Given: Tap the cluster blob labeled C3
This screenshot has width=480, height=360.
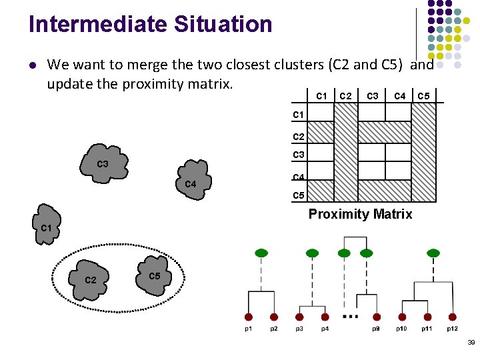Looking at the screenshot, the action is pyautogui.click(x=103, y=164).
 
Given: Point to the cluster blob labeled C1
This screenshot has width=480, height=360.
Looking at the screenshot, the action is pyautogui.click(x=47, y=227).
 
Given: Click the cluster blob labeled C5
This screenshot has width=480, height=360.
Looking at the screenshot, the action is pyautogui.click(x=153, y=273).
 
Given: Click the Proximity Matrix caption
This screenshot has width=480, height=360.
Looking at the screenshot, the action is pyautogui.click(x=360, y=214).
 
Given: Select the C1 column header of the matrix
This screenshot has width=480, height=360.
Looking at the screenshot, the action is pyautogui.click(x=321, y=96).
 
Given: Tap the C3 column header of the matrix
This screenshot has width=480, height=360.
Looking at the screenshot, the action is pyautogui.click(x=373, y=96).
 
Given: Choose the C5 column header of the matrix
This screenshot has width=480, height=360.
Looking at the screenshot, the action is pyautogui.click(x=423, y=96).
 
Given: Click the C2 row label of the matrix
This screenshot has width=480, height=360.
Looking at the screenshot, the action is pyautogui.click(x=299, y=136).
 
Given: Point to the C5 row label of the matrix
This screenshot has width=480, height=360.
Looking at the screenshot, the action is pyautogui.click(x=299, y=196).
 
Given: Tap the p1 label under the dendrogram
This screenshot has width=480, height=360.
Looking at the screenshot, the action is pyautogui.click(x=248, y=328).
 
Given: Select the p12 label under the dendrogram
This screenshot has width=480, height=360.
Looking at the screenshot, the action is pyautogui.click(x=452, y=328).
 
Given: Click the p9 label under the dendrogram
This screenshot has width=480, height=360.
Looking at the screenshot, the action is pyautogui.click(x=377, y=328).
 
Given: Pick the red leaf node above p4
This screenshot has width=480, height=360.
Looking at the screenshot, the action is pyautogui.click(x=325, y=317).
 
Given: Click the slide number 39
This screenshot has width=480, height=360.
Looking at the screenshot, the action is pyautogui.click(x=471, y=342).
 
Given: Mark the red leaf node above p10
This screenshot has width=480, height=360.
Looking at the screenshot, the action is pyautogui.click(x=402, y=317).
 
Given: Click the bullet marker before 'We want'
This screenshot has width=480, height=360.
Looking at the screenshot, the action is pyautogui.click(x=32, y=65).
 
